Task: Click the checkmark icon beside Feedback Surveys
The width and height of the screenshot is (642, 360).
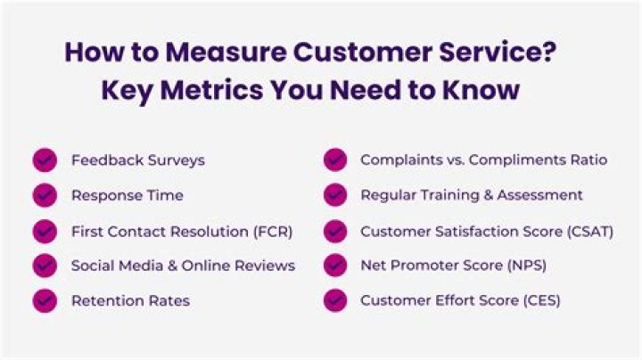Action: [x=45, y=160]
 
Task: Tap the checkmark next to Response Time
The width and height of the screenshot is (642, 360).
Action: [x=45, y=195]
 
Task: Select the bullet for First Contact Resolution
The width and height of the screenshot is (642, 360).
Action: [x=45, y=231]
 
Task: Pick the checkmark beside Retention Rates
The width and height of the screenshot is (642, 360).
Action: [x=45, y=300]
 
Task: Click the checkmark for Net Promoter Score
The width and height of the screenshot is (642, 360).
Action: [x=335, y=266]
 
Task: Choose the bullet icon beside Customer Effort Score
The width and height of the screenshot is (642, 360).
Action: [x=335, y=300]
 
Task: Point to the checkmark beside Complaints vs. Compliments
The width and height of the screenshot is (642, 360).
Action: [x=335, y=160]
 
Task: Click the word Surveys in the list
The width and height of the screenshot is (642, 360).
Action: [x=176, y=160]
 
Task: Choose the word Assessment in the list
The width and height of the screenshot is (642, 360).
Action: [x=544, y=195]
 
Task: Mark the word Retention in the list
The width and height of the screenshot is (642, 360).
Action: [x=103, y=300]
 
